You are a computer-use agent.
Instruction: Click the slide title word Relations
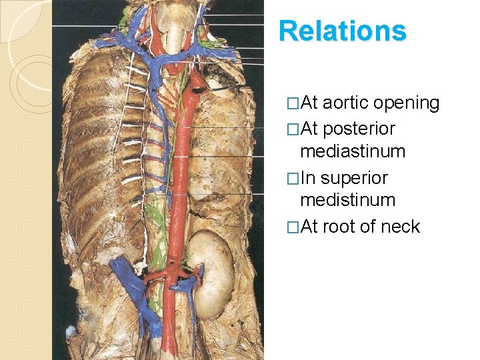[x=342, y=31]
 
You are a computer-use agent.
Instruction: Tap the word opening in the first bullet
[x=407, y=103]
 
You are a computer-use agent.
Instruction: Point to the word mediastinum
[x=353, y=151]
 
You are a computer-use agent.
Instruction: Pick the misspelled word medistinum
[x=348, y=200]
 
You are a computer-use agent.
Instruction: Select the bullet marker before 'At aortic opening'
[x=291, y=104]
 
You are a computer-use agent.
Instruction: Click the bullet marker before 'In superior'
[x=291, y=179]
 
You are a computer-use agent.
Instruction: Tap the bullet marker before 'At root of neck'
[x=291, y=227]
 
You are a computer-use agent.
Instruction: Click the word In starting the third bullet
[x=307, y=178]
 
